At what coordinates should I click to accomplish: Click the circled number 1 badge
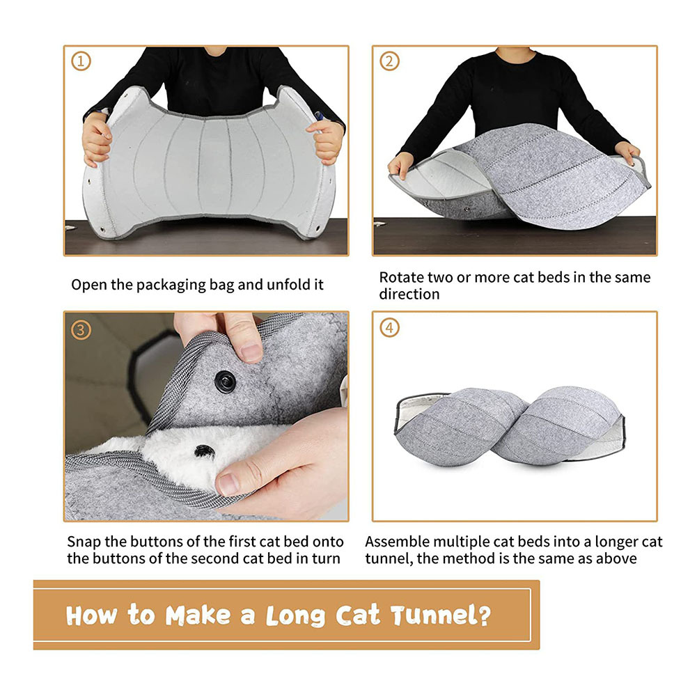click(81, 61)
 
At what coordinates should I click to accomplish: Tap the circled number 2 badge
click(389, 61)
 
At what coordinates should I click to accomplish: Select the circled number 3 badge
click(81, 330)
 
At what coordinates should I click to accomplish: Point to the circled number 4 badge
click(389, 328)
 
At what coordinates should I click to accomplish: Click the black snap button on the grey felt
click(226, 382)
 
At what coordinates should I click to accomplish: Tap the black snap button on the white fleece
click(204, 452)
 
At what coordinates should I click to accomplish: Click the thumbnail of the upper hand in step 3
click(251, 352)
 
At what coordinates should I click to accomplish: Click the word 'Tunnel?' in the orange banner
click(441, 616)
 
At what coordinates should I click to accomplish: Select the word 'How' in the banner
click(92, 616)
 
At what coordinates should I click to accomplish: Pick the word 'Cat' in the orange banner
click(357, 616)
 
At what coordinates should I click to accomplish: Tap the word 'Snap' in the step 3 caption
click(84, 542)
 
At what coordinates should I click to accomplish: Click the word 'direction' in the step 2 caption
click(409, 295)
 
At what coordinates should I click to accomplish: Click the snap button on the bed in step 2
click(467, 207)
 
